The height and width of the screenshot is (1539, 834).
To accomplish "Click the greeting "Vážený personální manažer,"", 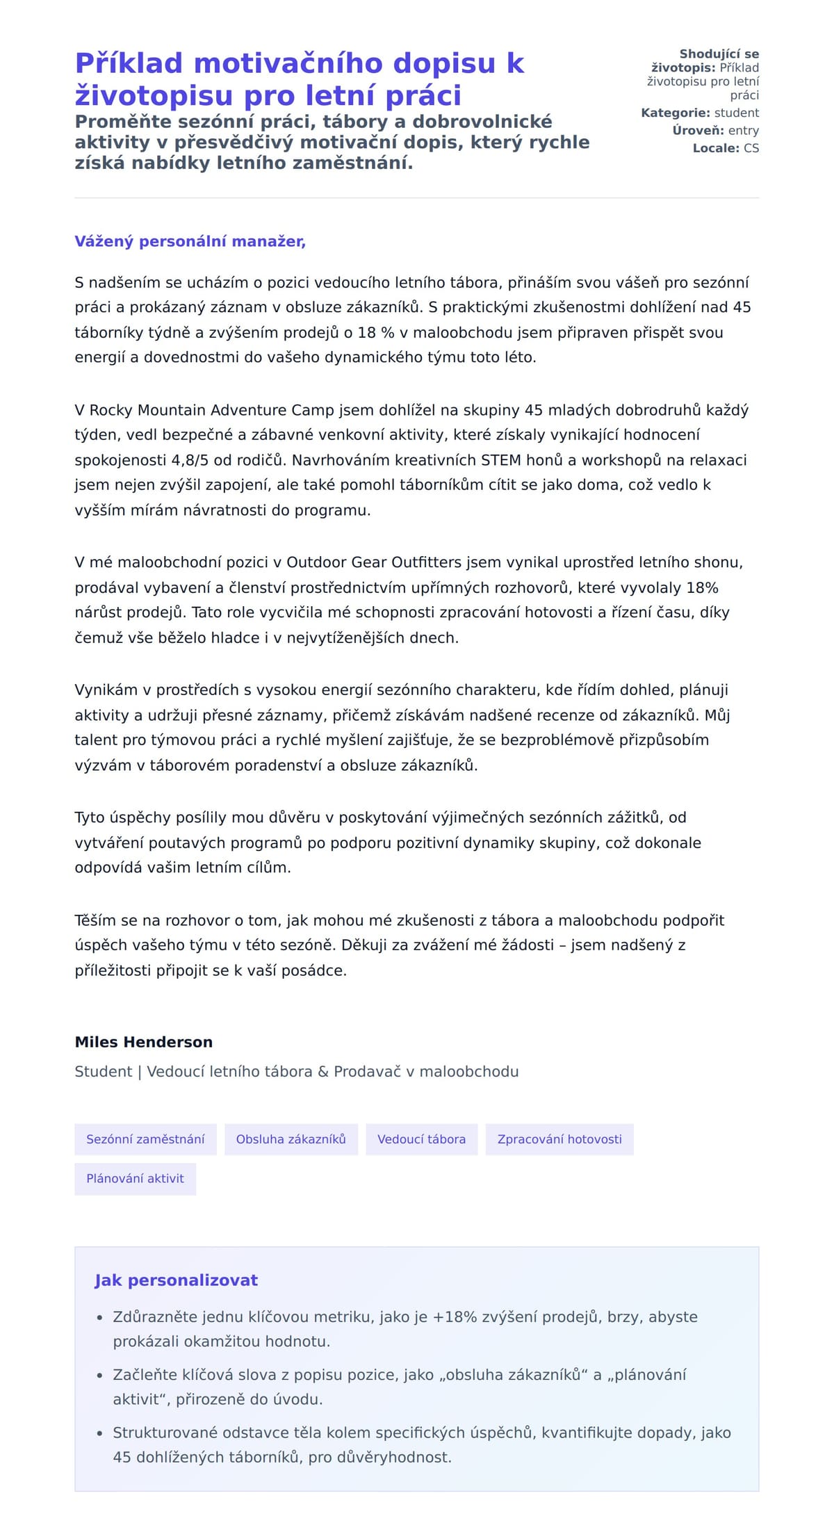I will point(190,241).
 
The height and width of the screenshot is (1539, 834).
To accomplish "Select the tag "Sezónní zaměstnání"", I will point(145,1139).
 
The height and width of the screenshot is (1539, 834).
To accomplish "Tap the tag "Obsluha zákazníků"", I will point(291,1139).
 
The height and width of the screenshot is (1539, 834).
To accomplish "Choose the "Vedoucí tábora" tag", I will point(421,1139).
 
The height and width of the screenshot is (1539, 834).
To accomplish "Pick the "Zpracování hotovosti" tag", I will point(559,1139).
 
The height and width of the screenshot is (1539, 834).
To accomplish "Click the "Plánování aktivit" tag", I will point(135,1178).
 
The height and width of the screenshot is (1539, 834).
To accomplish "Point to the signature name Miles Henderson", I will point(143,1041).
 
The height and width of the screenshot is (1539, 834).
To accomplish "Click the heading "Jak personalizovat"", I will point(176,1280).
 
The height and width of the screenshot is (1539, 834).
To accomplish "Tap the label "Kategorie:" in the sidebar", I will point(676,113).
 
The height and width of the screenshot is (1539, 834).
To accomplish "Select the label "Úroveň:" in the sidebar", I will point(698,130).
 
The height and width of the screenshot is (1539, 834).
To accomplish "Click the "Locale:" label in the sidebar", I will point(716,148).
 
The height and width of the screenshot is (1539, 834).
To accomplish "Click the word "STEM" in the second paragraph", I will point(500,459).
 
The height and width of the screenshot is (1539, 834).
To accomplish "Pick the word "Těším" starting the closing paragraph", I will point(95,920).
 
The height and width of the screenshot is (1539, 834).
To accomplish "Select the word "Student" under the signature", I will point(103,1071).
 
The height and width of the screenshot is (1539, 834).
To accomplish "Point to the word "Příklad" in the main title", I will point(129,63).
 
